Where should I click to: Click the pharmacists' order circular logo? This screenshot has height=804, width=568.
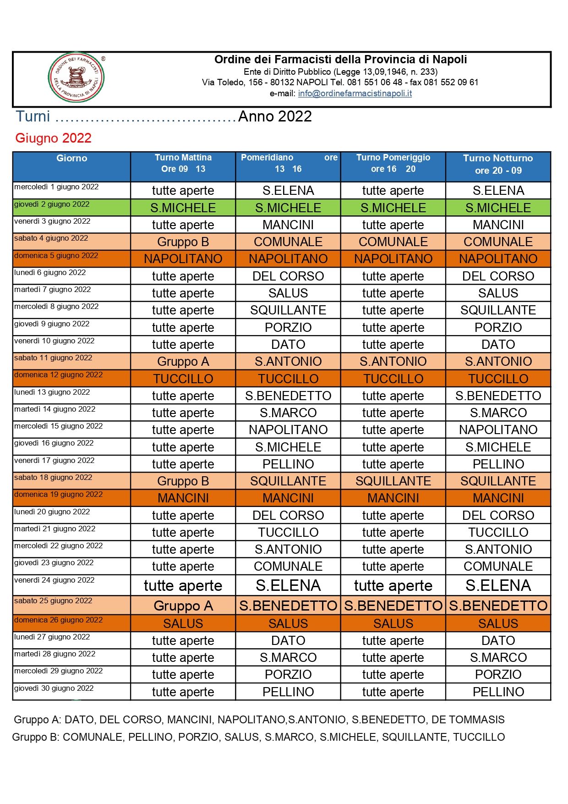pyautogui.click(x=76, y=77)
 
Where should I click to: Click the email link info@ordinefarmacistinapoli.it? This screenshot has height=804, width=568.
pyautogui.click(x=355, y=94)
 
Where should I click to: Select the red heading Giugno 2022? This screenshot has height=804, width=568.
pyautogui.click(x=53, y=138)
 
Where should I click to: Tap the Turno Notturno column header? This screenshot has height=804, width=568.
pyautogui.click(x=498, y=164)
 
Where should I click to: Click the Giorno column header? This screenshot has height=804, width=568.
pyautogui.click(x=71, y=159)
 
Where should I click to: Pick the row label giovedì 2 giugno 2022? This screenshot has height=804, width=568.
pyautogui.click(x=52, y=204)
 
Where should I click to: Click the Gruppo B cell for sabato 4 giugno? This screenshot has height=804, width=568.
pyautogui.click(x=183, y=242)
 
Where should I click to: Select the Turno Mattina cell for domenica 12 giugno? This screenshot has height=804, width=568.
pyautogui.click(x=183, y=379)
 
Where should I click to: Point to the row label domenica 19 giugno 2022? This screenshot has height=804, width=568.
pyautogui.click(x=58, y=495)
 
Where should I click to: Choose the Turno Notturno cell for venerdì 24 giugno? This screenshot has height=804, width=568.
pyautogui.click(x=498, y=586)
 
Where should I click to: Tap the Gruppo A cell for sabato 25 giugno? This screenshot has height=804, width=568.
pyautogui.click(x=183, y=606)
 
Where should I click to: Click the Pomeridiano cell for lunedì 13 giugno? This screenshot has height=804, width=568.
pyautogui.click(x=288, y=396)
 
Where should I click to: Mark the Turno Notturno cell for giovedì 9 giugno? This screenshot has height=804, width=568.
pyautogui.click(x=498, y=328)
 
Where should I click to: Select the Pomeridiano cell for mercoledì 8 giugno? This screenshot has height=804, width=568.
pyautogui.click(x=288, y=310)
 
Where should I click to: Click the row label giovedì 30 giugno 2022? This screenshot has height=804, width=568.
pyautogui.click(x=54, y=688)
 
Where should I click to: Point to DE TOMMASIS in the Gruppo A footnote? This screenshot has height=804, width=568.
pyautogui.click(x=468, y=720)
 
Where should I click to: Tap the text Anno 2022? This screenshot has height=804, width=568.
pyautogui.click(x=275, y=116)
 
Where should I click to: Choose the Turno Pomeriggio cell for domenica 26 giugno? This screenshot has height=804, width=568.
pyautogui.click(x=393, y=624)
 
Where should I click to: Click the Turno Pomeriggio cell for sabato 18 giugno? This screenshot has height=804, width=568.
pyautogui.click(x=393, y=481)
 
